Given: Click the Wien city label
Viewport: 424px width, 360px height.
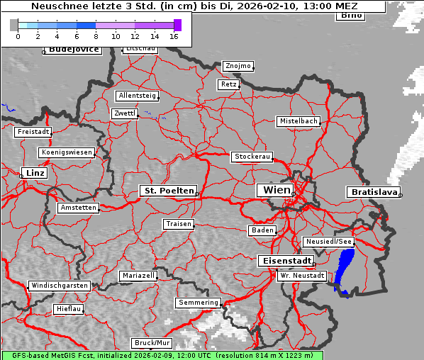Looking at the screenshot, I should pos(276,190).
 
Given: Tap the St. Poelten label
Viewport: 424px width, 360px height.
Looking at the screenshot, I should pos(168,191).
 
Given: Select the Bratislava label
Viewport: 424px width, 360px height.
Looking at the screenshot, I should pos(372,192).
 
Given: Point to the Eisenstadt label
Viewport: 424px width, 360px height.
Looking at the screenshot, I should pos(284,261).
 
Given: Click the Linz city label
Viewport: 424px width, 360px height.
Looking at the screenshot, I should pos(33,173).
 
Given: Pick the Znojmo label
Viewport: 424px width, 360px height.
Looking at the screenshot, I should pos(238,66).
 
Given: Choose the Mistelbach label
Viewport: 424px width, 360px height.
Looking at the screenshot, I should pos(298,121).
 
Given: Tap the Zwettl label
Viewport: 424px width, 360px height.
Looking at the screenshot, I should pos(124,113).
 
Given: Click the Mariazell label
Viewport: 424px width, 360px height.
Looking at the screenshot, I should pos(138,275).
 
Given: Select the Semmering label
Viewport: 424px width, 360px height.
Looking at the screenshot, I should pos(199,303).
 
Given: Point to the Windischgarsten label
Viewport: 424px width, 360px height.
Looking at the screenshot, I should pos(59,286).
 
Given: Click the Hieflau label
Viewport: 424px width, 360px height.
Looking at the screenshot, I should pos(69,309).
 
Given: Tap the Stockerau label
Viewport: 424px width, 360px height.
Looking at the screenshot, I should pos(252,157).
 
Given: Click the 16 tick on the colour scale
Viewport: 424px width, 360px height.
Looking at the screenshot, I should pos(174,35).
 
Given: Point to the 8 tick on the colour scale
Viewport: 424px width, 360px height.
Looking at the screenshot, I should pos(96,35).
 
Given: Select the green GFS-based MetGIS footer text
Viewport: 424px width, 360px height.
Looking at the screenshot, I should pos(162,355).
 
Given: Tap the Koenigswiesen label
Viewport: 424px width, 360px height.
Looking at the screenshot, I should pos(67,152).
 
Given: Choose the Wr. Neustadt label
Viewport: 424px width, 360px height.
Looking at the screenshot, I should pos(301,275).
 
